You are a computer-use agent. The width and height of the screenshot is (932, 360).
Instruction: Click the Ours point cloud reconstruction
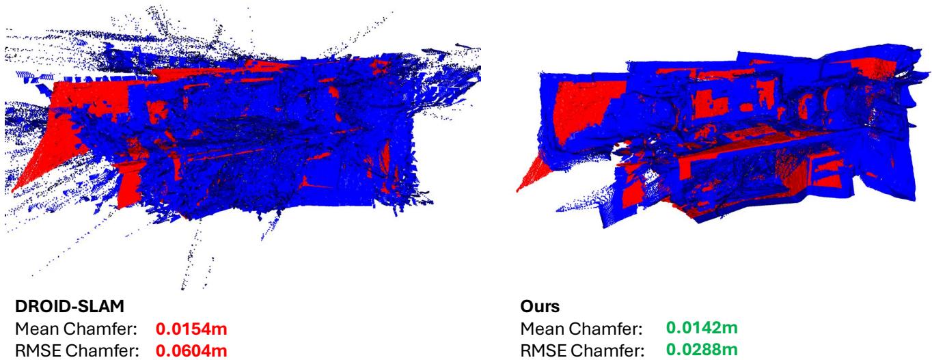(717, 143)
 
